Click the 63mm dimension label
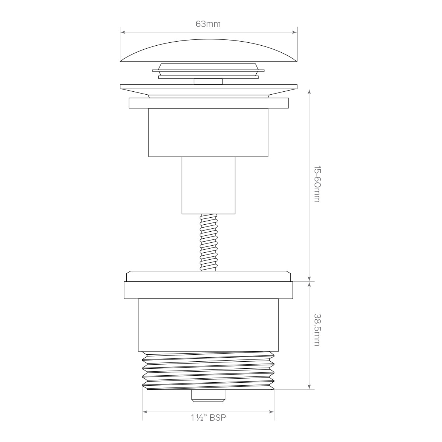[x=208, y=24]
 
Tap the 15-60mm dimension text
[x=317, y=184]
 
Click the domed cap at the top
[x=208, y=50]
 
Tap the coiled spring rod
[x=208, y=242]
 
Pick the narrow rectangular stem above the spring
[x=208, y=185]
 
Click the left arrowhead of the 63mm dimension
[x=123, y=32]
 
